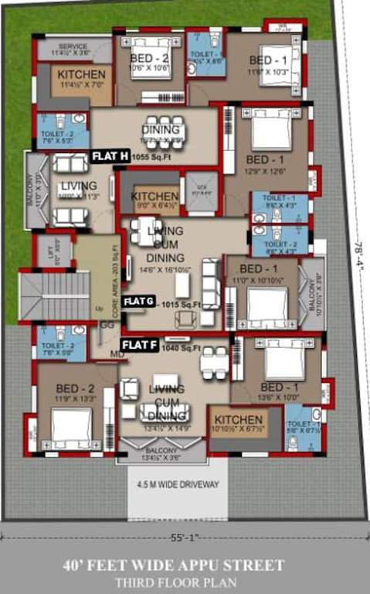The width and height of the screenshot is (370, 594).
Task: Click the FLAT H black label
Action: pos(110,156)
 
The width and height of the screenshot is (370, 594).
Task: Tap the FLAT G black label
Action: pos(139,300)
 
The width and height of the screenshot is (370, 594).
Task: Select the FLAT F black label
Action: pos(141,343)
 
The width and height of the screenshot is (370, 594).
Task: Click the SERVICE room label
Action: pos(74,49)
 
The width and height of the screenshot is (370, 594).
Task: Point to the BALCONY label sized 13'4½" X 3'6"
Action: pos(161,454)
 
